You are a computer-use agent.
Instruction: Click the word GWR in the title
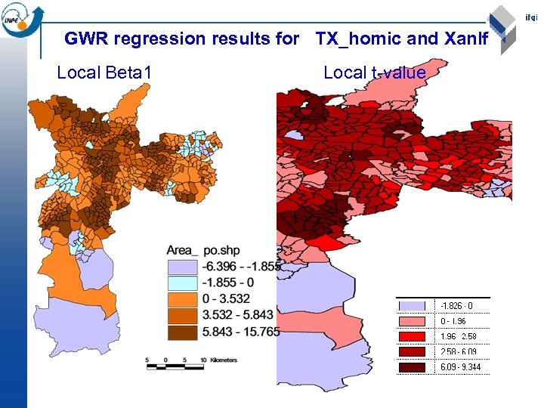pyautogui.click(x=82, y=38)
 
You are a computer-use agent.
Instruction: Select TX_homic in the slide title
pyautogui.click(x=357, y=38)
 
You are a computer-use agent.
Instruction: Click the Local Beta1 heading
pyautogui.click(x=104, y=73)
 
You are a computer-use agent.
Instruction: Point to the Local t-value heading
pyautogui.click(x=374, y=73)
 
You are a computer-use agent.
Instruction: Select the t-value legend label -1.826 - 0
pyautogui.click(x=456, y=306)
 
